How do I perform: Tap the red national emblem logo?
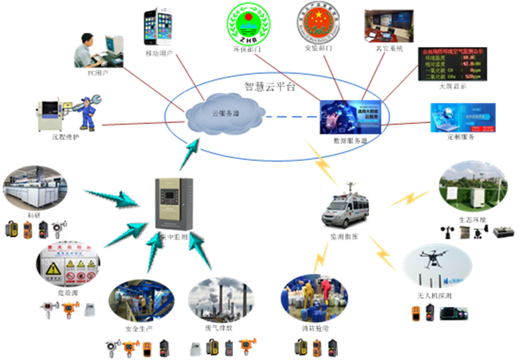click(318, 23)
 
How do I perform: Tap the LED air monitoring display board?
click(451, 64)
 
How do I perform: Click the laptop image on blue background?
click(462, 117)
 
